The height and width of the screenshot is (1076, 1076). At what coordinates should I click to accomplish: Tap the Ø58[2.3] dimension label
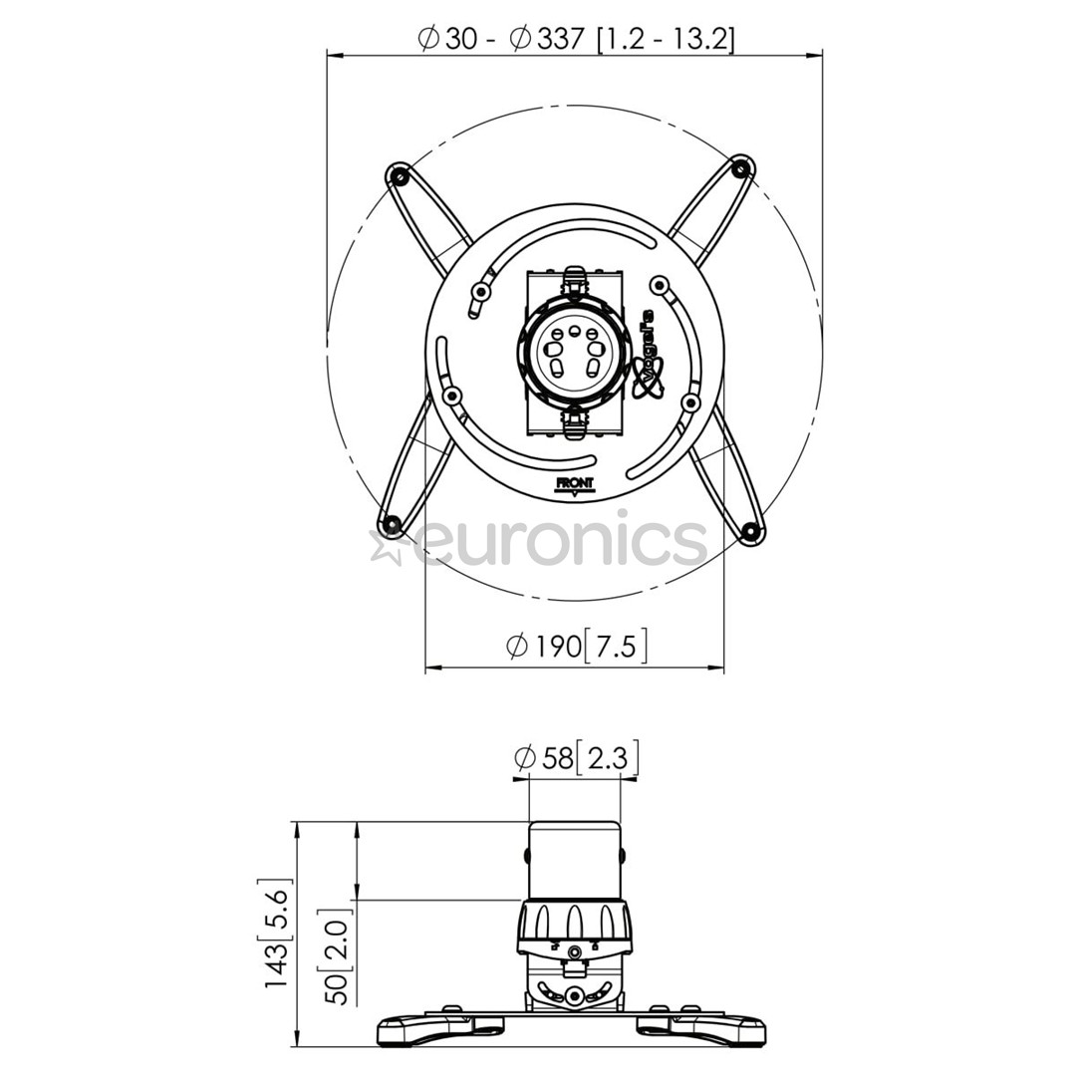576,758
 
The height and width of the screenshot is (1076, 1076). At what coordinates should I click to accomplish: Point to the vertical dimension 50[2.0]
339,954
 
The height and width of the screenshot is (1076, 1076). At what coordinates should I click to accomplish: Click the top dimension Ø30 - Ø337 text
576,39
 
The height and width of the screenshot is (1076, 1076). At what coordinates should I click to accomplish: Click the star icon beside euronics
387,546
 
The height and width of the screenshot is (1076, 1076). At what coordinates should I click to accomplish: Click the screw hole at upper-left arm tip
400,178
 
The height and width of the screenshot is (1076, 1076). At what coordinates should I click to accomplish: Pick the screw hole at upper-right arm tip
739,169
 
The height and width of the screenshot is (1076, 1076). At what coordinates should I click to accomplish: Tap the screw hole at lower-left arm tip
392,523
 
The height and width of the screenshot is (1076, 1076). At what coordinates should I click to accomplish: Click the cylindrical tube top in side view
574,857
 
